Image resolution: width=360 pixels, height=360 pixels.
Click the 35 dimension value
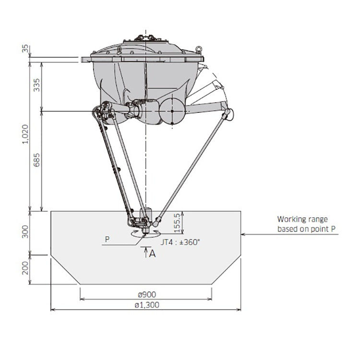25,49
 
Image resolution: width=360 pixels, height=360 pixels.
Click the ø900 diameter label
147,294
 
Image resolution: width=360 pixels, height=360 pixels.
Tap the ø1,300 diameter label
147,305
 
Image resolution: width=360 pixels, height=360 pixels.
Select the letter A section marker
152,254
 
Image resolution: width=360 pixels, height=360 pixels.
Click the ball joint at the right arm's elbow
228,114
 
